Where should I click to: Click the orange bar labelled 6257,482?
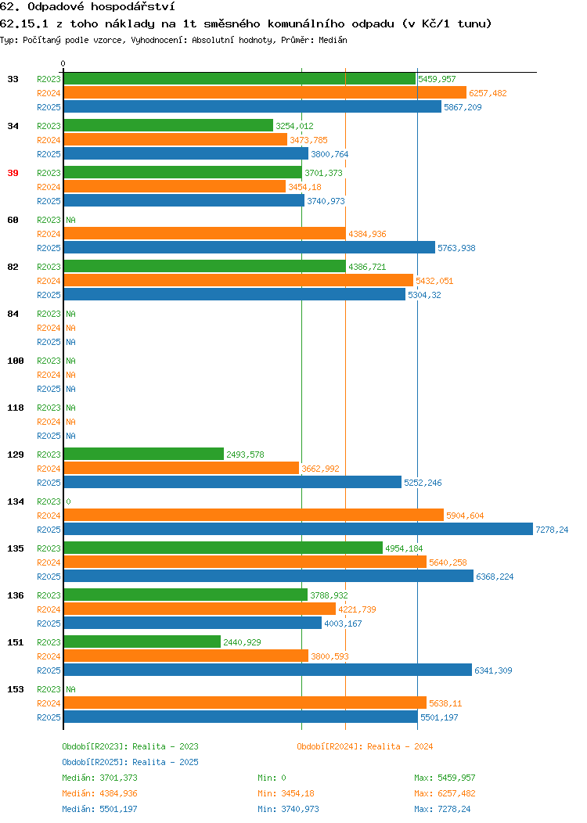(265, 93)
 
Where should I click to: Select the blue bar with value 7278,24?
(298, 529)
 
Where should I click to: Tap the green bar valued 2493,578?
(144, 454)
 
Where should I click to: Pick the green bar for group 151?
(142, 642)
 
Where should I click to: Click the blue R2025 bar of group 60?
(250, 247)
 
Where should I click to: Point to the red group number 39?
(13, 173)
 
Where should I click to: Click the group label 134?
(15, 501)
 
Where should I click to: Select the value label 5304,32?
(424, 295)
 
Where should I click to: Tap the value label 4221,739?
(357, 609)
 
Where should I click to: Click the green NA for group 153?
(71, 689)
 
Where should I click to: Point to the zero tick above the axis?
(63, 63)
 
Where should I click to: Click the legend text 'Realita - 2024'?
(400, 746)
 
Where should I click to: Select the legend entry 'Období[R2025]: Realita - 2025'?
(130, 762)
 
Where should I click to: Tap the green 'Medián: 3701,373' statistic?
(99, 778)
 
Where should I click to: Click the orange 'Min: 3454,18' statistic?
(286, 793)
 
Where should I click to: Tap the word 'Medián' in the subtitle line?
(333, 40)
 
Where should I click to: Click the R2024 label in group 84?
(49, 328)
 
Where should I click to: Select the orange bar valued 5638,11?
(245, 703)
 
